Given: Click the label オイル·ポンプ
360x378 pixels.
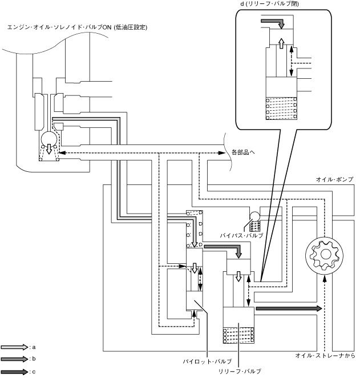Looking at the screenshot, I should (x=334, y=179).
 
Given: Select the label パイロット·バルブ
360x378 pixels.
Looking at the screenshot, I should (x=207, y=361).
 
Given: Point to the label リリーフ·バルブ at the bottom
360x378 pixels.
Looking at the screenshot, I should (x=240, y=371).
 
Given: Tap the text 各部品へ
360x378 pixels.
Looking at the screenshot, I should (x=244, y=152).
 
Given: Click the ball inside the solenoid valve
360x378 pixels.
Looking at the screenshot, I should (x=49, y=138).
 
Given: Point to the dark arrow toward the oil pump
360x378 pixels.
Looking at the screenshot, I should (x=289, y=308).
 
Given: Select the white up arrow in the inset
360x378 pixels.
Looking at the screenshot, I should (x=281, y=45).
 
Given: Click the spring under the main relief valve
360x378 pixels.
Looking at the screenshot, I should (x=237, y=334).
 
